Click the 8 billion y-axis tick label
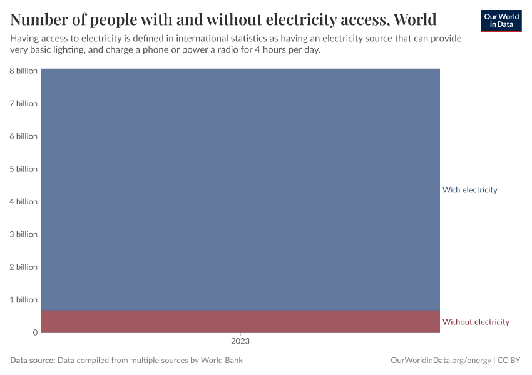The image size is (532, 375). click(x=23, y=71)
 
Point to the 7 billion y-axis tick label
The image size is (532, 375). click(x=23, y=103)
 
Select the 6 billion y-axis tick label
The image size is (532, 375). click(x=23, y=136)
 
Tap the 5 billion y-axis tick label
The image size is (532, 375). click(x=23, y=169)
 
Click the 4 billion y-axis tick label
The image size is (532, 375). click(x=23, y=201)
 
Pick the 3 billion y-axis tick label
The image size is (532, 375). click(x=23, y=234)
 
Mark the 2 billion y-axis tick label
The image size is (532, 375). click(x=23, y=267)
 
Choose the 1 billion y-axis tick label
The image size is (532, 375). click(x=23, y=299)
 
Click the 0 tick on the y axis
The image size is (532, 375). click(x=35, y=332)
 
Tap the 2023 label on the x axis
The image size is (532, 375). click(x=240, y=342)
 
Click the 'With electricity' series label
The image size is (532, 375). click(x=469, y=189)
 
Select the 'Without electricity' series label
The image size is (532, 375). click(x=476, y=322)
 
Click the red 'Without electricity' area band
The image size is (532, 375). click(x=240, y=321)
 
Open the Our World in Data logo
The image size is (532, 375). click(x=501, y=21)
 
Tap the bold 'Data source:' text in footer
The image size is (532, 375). click(x=33, y=361)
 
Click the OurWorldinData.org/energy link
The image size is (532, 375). click(x=440, y=361)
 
